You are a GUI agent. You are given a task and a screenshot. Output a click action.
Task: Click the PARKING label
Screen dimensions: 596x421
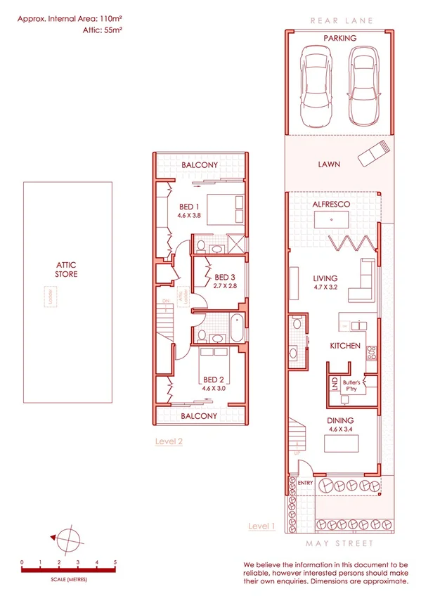[339, 39]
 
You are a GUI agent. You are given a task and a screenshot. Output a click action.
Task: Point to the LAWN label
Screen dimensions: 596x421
[328, 164]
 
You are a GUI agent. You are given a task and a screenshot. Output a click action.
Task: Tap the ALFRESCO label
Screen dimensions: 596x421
[332, 204]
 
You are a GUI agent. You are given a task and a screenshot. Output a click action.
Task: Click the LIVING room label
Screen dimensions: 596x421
[325, 278]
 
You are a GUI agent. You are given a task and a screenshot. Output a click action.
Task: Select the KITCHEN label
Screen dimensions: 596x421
[346, 346]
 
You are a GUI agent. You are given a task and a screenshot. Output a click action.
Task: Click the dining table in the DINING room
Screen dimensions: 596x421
[340, 444]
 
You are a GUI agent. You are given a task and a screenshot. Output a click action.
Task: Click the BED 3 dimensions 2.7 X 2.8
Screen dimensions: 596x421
[225, 286]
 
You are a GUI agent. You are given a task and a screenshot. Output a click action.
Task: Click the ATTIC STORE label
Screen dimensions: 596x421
[67, 269]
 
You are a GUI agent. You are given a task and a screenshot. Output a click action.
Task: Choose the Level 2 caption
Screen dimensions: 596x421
[169, 441]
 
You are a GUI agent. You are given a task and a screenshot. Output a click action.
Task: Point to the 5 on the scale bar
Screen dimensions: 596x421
[115, 562]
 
